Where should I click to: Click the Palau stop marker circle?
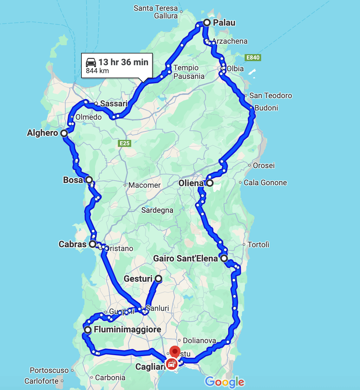tap(207, 22)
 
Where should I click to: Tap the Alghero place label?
tap(42, 133)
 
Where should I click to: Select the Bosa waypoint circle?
tap(89, 180)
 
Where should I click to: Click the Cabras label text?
tap(73, 244)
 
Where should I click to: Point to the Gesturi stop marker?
tap(158, 279)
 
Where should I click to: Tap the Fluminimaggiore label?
tap(127, 330)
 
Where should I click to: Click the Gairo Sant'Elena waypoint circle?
tap(224, 258)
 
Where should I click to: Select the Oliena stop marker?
tap(209, 183)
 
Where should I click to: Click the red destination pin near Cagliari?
tap(175, 351)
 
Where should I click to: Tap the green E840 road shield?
tap(253, 58)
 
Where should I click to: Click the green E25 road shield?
tap(125, 143)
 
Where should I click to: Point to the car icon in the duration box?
tap(91, 62)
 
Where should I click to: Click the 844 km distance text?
tap(97, 71)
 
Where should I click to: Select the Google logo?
tap(225, 382)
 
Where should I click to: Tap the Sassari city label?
tap(114, 104)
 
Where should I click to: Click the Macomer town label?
tap(145, 185)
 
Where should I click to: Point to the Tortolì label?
tap(258, 244)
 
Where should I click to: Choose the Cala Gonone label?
tap(265, 183)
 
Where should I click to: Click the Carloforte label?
tap(42, 381)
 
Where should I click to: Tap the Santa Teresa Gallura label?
tap(156, 12)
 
